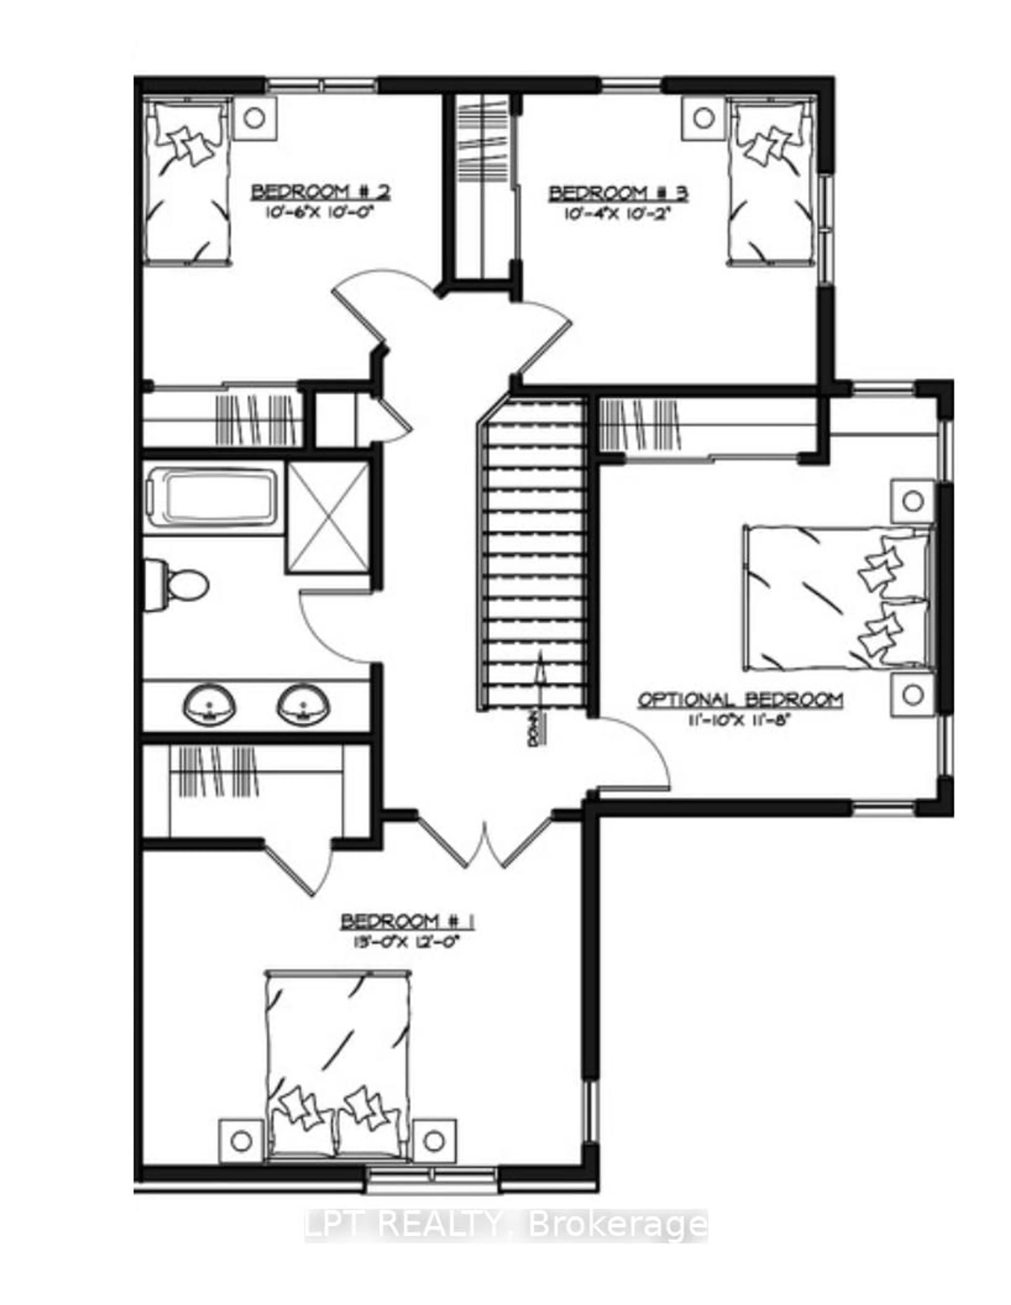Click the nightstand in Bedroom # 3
coord(704,117)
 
